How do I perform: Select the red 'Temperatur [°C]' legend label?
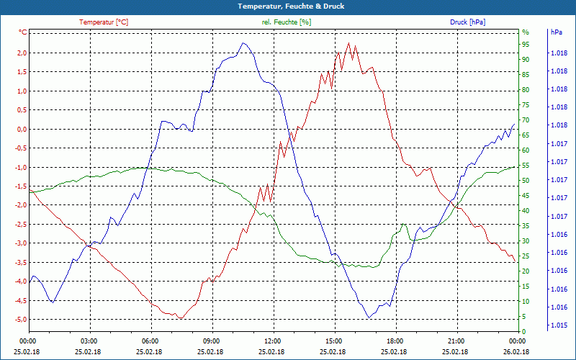click(x=104, y=22)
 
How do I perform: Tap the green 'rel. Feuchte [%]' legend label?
click(x=287, y=22)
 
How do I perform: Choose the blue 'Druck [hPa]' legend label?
click(x=467, y=22)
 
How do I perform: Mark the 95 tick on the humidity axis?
click(x=526, y=45)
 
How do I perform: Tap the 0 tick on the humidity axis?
click(x=523, y=331)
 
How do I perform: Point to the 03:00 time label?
click(x=89, y=341)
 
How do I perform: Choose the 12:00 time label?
click(x=273, y=341)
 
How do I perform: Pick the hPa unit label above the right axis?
click(x=557, y=32)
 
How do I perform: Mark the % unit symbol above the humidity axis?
click(x=525, y=32)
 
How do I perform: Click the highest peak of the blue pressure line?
click(x=244, y=43)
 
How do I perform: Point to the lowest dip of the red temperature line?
click(x=181, y=318)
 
